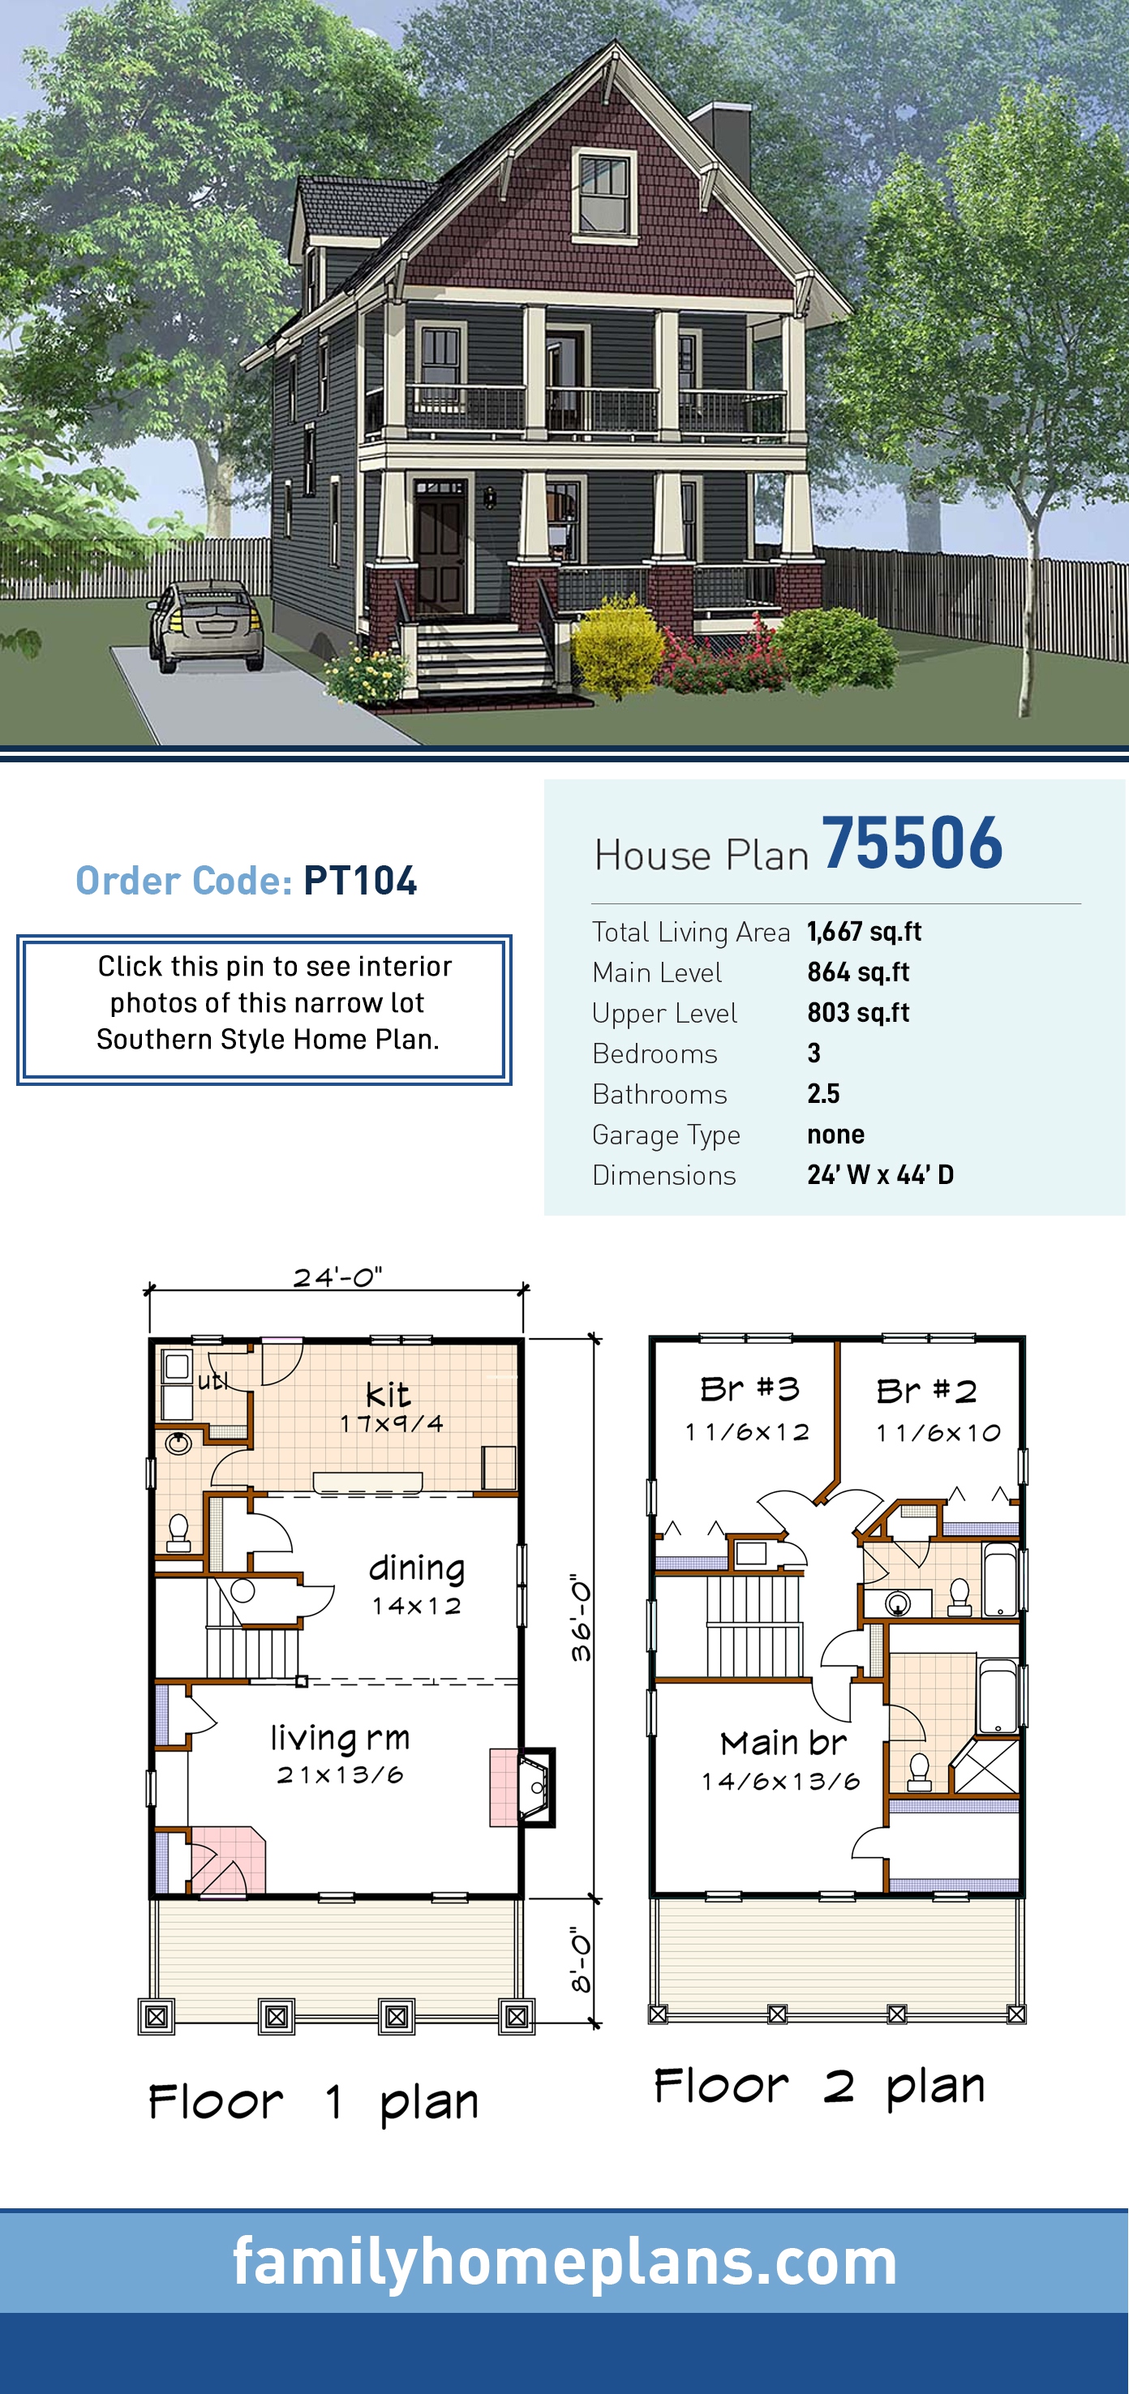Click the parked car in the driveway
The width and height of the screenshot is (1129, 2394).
206,624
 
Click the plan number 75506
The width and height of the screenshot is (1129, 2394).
912,843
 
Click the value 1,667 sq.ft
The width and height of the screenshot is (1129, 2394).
864,931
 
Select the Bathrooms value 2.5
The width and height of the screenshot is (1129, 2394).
823,1093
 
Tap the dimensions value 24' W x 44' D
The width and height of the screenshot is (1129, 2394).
880,1174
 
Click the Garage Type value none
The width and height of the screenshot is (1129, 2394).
835,1134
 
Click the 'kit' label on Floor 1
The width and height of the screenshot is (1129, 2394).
388,1394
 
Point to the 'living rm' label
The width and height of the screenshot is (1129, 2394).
340,1737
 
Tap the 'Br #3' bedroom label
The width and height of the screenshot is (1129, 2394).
749,1389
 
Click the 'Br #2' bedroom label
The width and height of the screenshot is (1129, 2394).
926,1392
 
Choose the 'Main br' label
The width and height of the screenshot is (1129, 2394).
783,1743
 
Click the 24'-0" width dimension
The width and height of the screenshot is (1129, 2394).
337,1277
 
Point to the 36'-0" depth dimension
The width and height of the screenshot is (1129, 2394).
581,1618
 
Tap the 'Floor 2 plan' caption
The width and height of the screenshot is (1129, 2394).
818,2087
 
